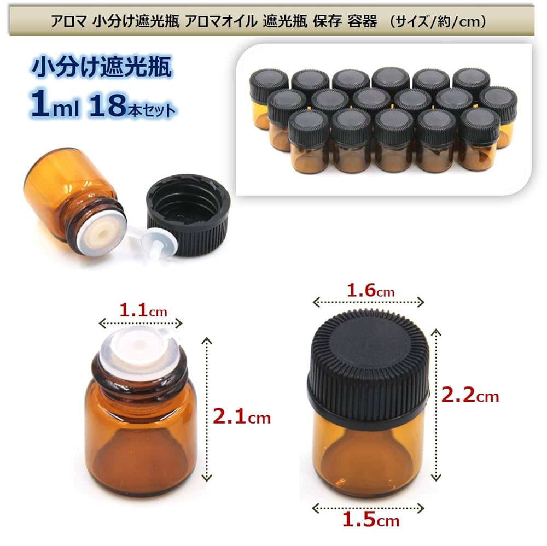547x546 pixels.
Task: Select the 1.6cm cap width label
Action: pyautogui.click(x=370, y=290)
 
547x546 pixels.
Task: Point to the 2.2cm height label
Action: pyautogui.click(x=470, y=396)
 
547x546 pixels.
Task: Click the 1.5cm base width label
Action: pyautogui.click(x=370, y=521)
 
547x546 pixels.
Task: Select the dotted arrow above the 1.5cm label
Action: pyautogui.click(x=368, y=508)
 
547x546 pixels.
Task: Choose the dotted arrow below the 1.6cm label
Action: pyautogui.click(x=368, y=302)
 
